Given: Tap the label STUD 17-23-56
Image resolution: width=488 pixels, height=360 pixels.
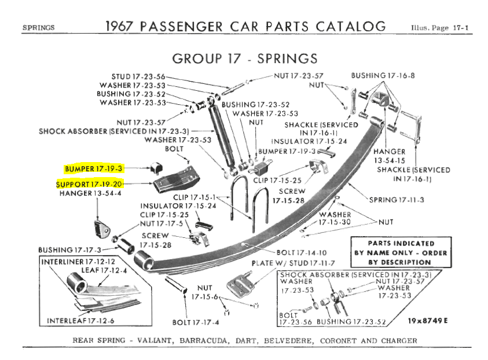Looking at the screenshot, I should click(x=138, y=76).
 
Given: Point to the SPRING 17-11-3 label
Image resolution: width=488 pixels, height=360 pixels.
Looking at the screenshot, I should click(x=397, y=200).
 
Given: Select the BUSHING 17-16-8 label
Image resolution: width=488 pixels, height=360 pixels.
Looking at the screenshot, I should click(x=383, y=76).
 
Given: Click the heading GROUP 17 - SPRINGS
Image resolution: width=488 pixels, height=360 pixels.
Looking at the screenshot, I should click(x=245, y=58).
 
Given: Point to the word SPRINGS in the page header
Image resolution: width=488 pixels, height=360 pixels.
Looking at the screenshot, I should click(x=38, y=28).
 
